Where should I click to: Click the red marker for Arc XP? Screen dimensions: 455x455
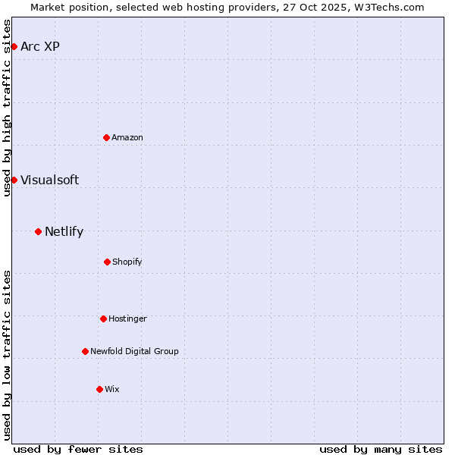[14, 46]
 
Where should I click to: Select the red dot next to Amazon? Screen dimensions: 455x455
[106, 137]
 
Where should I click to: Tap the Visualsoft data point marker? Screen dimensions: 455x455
[14, 180]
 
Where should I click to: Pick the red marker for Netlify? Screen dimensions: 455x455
[38, 231]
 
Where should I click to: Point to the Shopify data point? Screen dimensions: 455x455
[107, 262]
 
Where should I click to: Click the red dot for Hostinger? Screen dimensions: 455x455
[103, 318]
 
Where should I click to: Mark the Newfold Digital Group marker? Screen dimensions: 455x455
[85, 351]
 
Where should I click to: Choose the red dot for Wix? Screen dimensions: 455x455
[99, 389]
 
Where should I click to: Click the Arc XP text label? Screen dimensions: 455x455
[40, 46]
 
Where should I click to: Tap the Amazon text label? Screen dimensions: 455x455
[127, 137]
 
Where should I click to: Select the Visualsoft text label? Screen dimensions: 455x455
[49, 180]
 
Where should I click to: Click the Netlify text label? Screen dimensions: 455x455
[64, 231]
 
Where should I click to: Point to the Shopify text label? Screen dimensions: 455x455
[127, 262]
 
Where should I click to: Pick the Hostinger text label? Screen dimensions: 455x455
[127, 318]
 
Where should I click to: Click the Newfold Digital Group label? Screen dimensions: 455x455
[134, 351]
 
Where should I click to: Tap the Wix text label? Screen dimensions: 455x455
[112, 389]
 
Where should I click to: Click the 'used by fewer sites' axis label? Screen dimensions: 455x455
[78, 449]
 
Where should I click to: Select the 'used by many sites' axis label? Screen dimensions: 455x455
[381, 449]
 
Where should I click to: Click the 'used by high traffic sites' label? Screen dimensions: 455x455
[7, 108]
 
